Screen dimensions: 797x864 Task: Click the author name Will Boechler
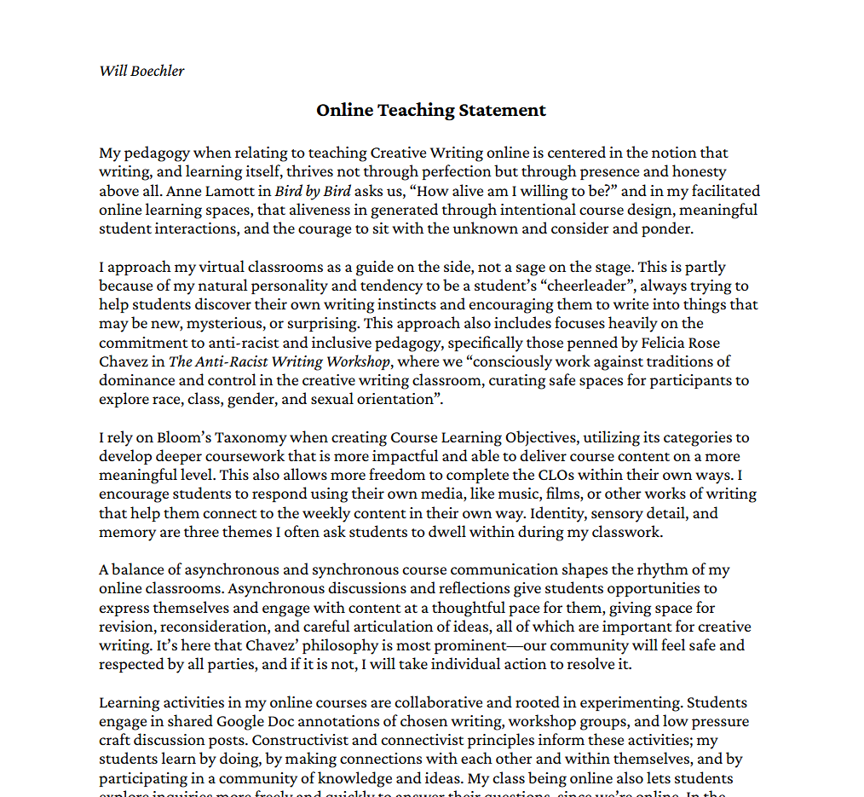point(141,70)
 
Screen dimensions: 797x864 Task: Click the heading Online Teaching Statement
point(431,110)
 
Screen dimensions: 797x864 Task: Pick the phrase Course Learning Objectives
point(485,437)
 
